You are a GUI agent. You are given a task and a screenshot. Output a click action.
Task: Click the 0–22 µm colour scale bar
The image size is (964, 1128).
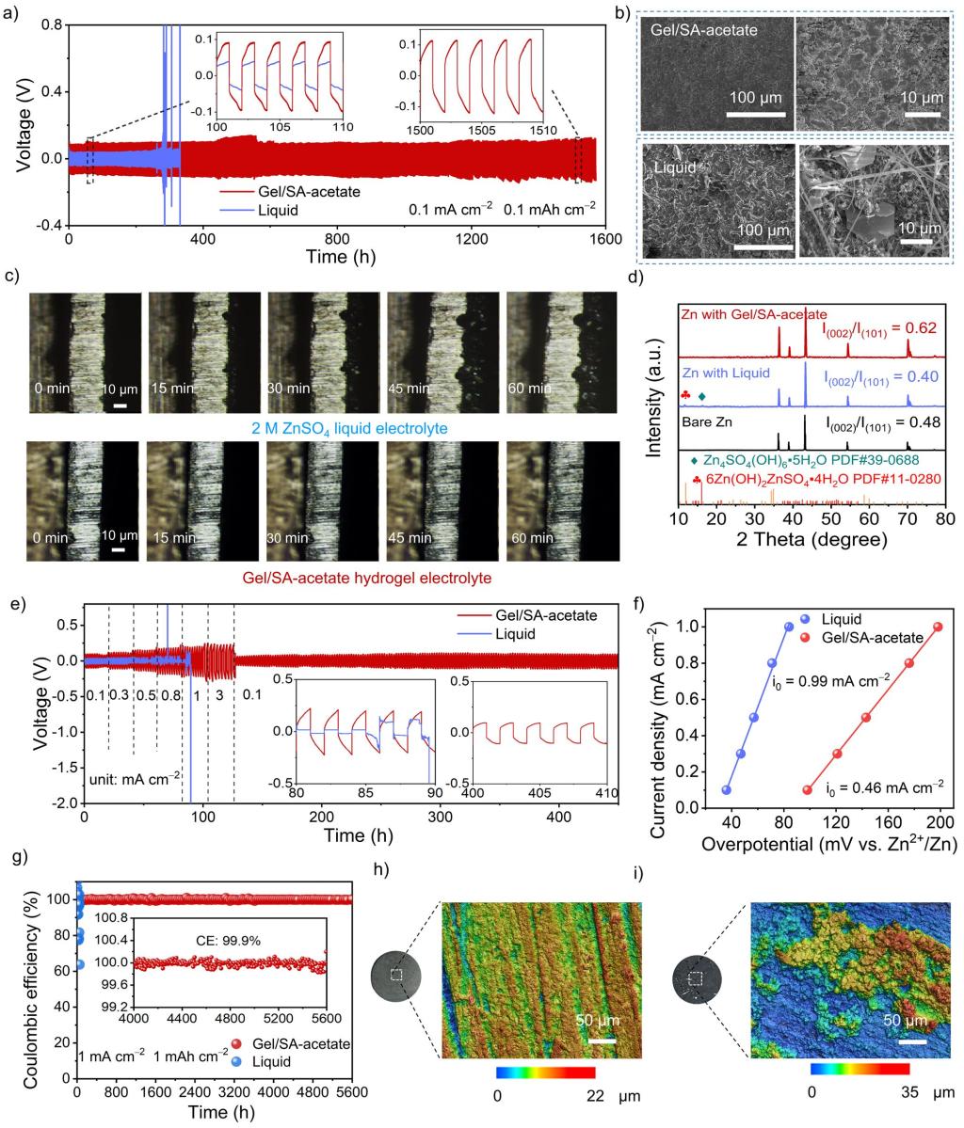[x=545, y=1072]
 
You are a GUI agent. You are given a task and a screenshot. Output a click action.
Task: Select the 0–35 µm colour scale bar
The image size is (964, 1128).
[x=859, y=1069]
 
